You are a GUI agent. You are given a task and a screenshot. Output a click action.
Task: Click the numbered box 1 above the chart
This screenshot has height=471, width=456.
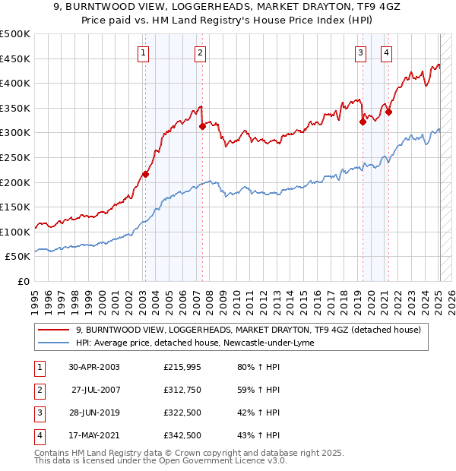click(144, 52)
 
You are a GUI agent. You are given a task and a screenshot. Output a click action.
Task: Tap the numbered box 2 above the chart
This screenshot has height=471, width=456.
click(199, 52)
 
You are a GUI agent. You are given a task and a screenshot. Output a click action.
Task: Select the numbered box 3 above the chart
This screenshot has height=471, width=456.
click(360, 52)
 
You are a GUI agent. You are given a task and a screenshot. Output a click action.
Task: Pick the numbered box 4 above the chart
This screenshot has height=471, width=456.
click(387, 52)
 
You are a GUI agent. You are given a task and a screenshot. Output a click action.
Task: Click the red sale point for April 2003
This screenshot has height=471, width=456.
click(145, 174)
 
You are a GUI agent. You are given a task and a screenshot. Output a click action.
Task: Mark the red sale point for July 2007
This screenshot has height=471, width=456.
click(202, 127)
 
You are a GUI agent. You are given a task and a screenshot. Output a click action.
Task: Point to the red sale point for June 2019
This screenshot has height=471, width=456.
click(363, 122)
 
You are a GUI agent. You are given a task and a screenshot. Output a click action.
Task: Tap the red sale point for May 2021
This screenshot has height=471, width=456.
click(388, 112)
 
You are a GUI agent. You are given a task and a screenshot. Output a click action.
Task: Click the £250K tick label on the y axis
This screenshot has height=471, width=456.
click(15, 157)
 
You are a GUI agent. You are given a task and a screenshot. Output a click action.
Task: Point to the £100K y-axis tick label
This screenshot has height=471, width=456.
click(15, 232)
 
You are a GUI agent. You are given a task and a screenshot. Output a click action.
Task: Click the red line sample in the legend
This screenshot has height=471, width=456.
click(55, 329)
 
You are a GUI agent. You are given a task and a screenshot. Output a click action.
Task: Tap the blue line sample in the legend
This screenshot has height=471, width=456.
click(55, 343)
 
